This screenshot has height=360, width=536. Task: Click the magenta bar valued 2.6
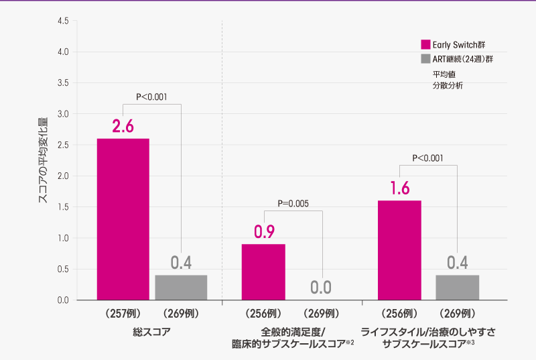pos(123,219)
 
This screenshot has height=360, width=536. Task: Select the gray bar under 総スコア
pos(181,288)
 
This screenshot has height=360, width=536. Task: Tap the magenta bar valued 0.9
pos(263,272)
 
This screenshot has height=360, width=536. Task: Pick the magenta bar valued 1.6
pos(400,250)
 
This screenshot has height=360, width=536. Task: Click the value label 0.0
pos(321,288)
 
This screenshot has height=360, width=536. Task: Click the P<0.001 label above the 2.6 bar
pos(151,97)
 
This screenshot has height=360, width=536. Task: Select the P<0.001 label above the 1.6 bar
pos(427,158)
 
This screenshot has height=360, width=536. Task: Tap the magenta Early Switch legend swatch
pos(425,45)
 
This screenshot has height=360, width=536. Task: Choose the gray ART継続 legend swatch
pos(425,59)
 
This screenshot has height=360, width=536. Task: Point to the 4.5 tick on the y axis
pos(63,21)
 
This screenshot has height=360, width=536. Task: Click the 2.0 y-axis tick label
pos(63,176)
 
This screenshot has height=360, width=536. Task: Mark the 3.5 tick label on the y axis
pos(63,83)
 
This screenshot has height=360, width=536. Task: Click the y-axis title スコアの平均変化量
pos(42,161)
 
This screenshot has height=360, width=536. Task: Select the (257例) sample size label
pos(123,313)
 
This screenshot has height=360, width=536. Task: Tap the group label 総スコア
pos(152,331)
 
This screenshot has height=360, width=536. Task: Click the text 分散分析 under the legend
pos(447,86)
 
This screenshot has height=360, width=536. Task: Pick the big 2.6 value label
pos(123,125)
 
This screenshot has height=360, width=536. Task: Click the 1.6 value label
pos(399,188)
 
